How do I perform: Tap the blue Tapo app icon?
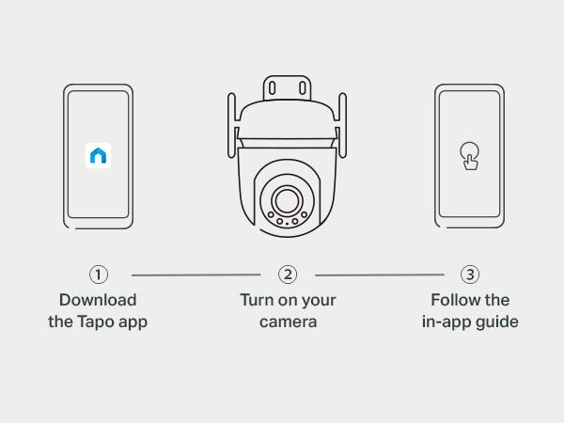click(x=99, y=156)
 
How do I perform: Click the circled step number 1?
click(x=99, y=274)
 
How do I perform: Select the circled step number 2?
click(x=288, y=274)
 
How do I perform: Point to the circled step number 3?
click(x=470, y=274)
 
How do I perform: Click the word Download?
click(x=98, y=300)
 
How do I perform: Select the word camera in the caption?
click(x=288, y=321)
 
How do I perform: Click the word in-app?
click(x=447, y=321)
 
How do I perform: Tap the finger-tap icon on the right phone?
click(x=468, y=156)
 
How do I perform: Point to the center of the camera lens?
click(x=287, y=199)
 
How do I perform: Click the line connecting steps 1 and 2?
click(x=196, y=275)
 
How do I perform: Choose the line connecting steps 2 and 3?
click(x=379, y=275)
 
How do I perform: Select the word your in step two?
click(x=318, y=300)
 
